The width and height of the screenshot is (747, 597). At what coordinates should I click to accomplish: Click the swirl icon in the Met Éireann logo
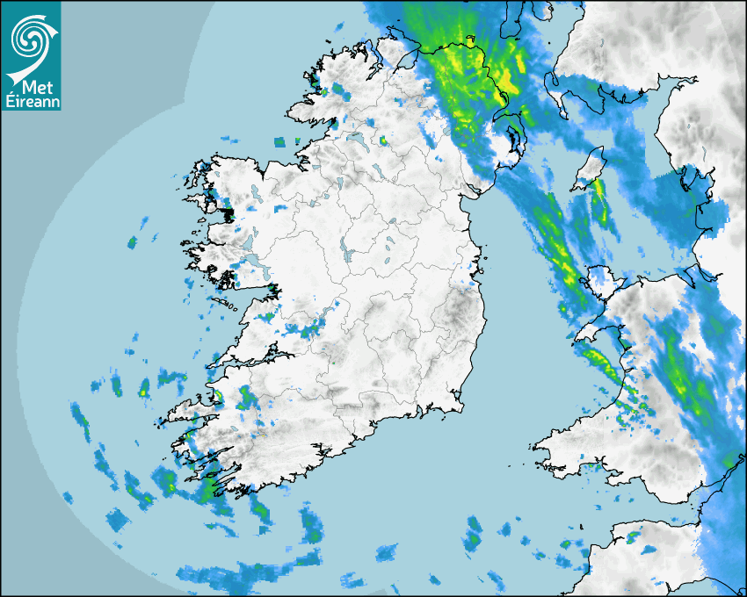pos(31,37)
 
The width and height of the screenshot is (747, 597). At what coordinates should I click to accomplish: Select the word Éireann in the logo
pos(31,102)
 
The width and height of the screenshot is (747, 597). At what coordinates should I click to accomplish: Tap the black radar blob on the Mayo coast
pos(228,214)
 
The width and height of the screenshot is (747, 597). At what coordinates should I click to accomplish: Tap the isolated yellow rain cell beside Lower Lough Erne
pos(383,140)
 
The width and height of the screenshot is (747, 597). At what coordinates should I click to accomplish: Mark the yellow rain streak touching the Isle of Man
pos(599,188)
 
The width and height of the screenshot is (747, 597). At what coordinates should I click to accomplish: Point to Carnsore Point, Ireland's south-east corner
pos(460,406)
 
